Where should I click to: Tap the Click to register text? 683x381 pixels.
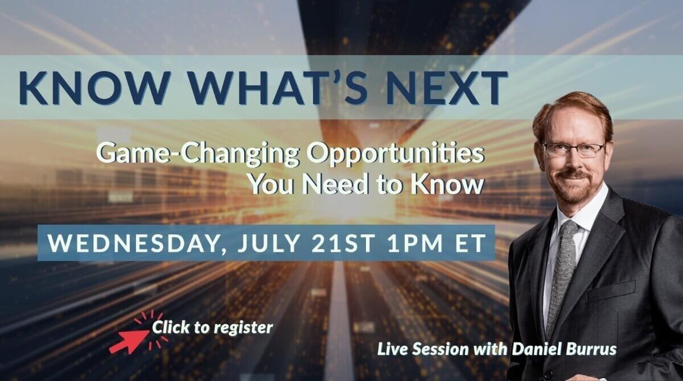click(x=212, y=328)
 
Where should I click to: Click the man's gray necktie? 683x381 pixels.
click(x=562, y=274)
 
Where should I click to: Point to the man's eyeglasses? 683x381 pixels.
click(x=573, y=150)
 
